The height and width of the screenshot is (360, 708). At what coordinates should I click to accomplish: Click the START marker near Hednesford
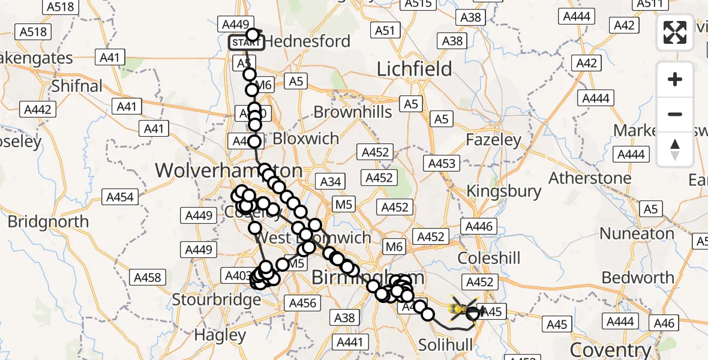tap(246, 43)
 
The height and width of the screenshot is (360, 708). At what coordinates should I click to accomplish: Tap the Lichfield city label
tap(414, 70)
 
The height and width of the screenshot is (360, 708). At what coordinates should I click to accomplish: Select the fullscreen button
tap(675, 32)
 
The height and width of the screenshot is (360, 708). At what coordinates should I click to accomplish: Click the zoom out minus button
tap(675, 114)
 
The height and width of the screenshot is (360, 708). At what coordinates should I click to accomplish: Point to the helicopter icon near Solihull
tap(463, 309)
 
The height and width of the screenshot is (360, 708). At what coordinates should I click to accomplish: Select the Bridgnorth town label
tap(48, 221)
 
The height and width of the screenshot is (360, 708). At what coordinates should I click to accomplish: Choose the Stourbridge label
tap(217, 298)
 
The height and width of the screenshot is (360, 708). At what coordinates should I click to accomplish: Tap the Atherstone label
tap(590, 178)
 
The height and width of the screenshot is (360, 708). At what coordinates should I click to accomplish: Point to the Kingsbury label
tap(504, 191)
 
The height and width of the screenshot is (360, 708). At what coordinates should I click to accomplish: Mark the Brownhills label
tap(353, 112)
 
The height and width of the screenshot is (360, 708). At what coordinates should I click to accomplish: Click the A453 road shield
tap(442, 163)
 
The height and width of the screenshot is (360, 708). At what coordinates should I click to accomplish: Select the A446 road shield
tap(478, 226)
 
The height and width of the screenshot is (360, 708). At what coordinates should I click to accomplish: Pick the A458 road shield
tap(147, 277)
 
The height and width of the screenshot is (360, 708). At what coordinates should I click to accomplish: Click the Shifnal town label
tap(77, 86)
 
